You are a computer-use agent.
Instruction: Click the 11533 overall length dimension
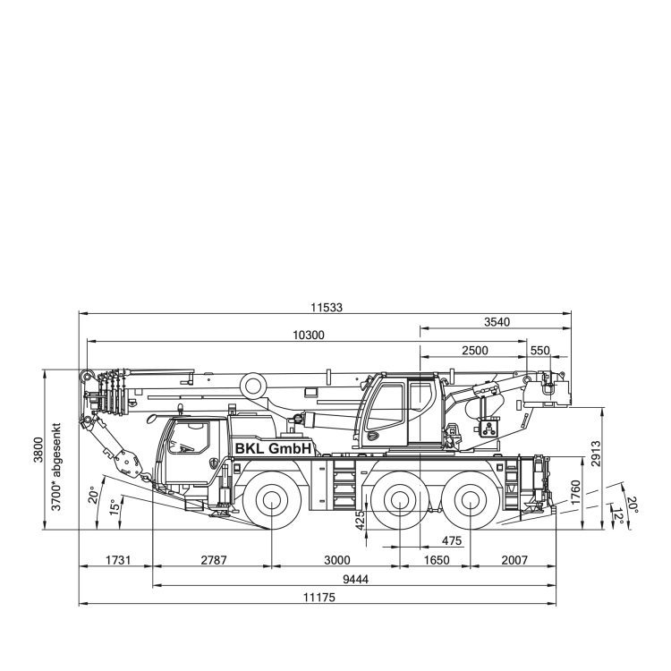coord(327,307)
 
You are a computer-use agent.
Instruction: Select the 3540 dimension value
coord(497,322)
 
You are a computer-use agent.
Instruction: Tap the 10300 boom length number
coord(309,335)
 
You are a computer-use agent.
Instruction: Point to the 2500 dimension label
coord(475,351)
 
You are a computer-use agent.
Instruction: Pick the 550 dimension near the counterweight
coord(539,351)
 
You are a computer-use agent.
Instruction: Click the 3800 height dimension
coord(38,450)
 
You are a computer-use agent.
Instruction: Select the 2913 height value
coord(595,454)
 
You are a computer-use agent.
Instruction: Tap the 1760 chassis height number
coord(575,493)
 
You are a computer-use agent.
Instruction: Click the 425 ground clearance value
coord(361,521)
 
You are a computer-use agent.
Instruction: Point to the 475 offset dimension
coord(452,541)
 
